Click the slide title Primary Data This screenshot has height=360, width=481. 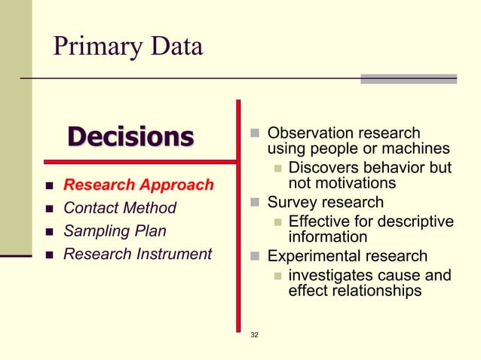click(127, 46)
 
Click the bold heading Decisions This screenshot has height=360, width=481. click(130, 137)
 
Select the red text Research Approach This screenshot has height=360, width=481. click(138, 185)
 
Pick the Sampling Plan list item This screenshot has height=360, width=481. click(114, 231)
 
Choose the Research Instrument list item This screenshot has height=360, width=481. click(137, 255)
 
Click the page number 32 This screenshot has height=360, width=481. click(254, 334)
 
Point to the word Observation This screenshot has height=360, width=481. click(305, 133)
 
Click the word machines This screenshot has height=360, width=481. click(416, 149)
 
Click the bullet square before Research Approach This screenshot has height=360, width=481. click(47, 185)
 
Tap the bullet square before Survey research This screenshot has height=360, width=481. click(256, 203)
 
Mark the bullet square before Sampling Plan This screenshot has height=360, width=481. click(47, 232)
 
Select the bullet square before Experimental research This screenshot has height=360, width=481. click(256, 256)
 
